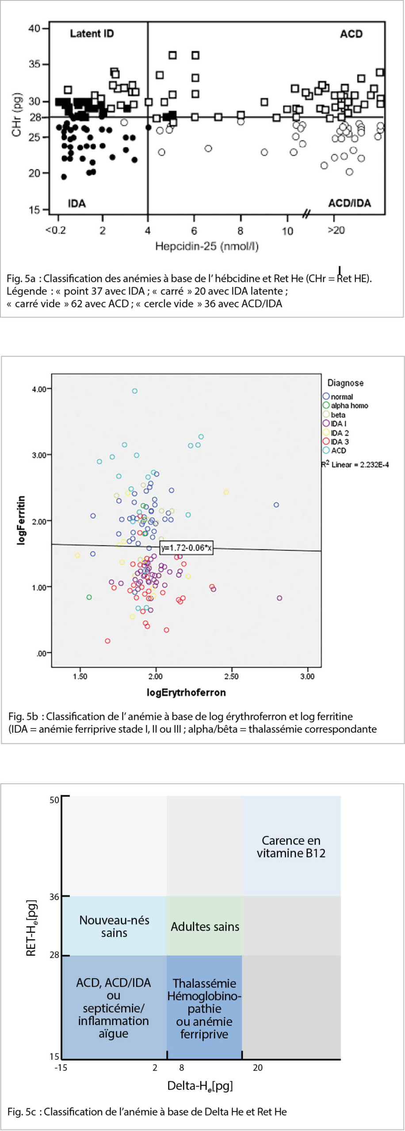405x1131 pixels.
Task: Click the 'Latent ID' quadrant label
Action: (92, 34)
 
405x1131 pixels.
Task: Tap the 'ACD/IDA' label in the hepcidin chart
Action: (349, 203)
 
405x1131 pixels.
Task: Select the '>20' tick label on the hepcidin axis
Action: (336, 230)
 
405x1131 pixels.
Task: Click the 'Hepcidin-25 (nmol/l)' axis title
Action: (206, 246)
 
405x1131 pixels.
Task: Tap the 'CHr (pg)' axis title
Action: (17, 114)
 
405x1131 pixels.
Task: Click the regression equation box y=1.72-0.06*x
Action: (186, 548)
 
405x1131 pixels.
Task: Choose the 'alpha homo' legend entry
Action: (349, 406)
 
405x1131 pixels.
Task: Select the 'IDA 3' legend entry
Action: (340, 441)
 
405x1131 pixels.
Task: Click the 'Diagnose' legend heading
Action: (345, 383)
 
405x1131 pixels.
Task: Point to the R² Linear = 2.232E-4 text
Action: (355, 464)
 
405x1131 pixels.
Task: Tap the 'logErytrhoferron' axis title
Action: (186, 692)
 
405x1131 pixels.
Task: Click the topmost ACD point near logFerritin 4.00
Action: (135, 391)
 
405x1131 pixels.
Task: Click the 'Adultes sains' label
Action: (205, 926)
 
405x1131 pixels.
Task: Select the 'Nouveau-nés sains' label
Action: (114, 926)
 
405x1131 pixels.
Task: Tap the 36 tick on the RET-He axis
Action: (54, 897)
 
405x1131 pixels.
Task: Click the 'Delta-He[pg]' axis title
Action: (200, 1085)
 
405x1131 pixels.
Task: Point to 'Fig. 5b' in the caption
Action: (23, 716)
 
